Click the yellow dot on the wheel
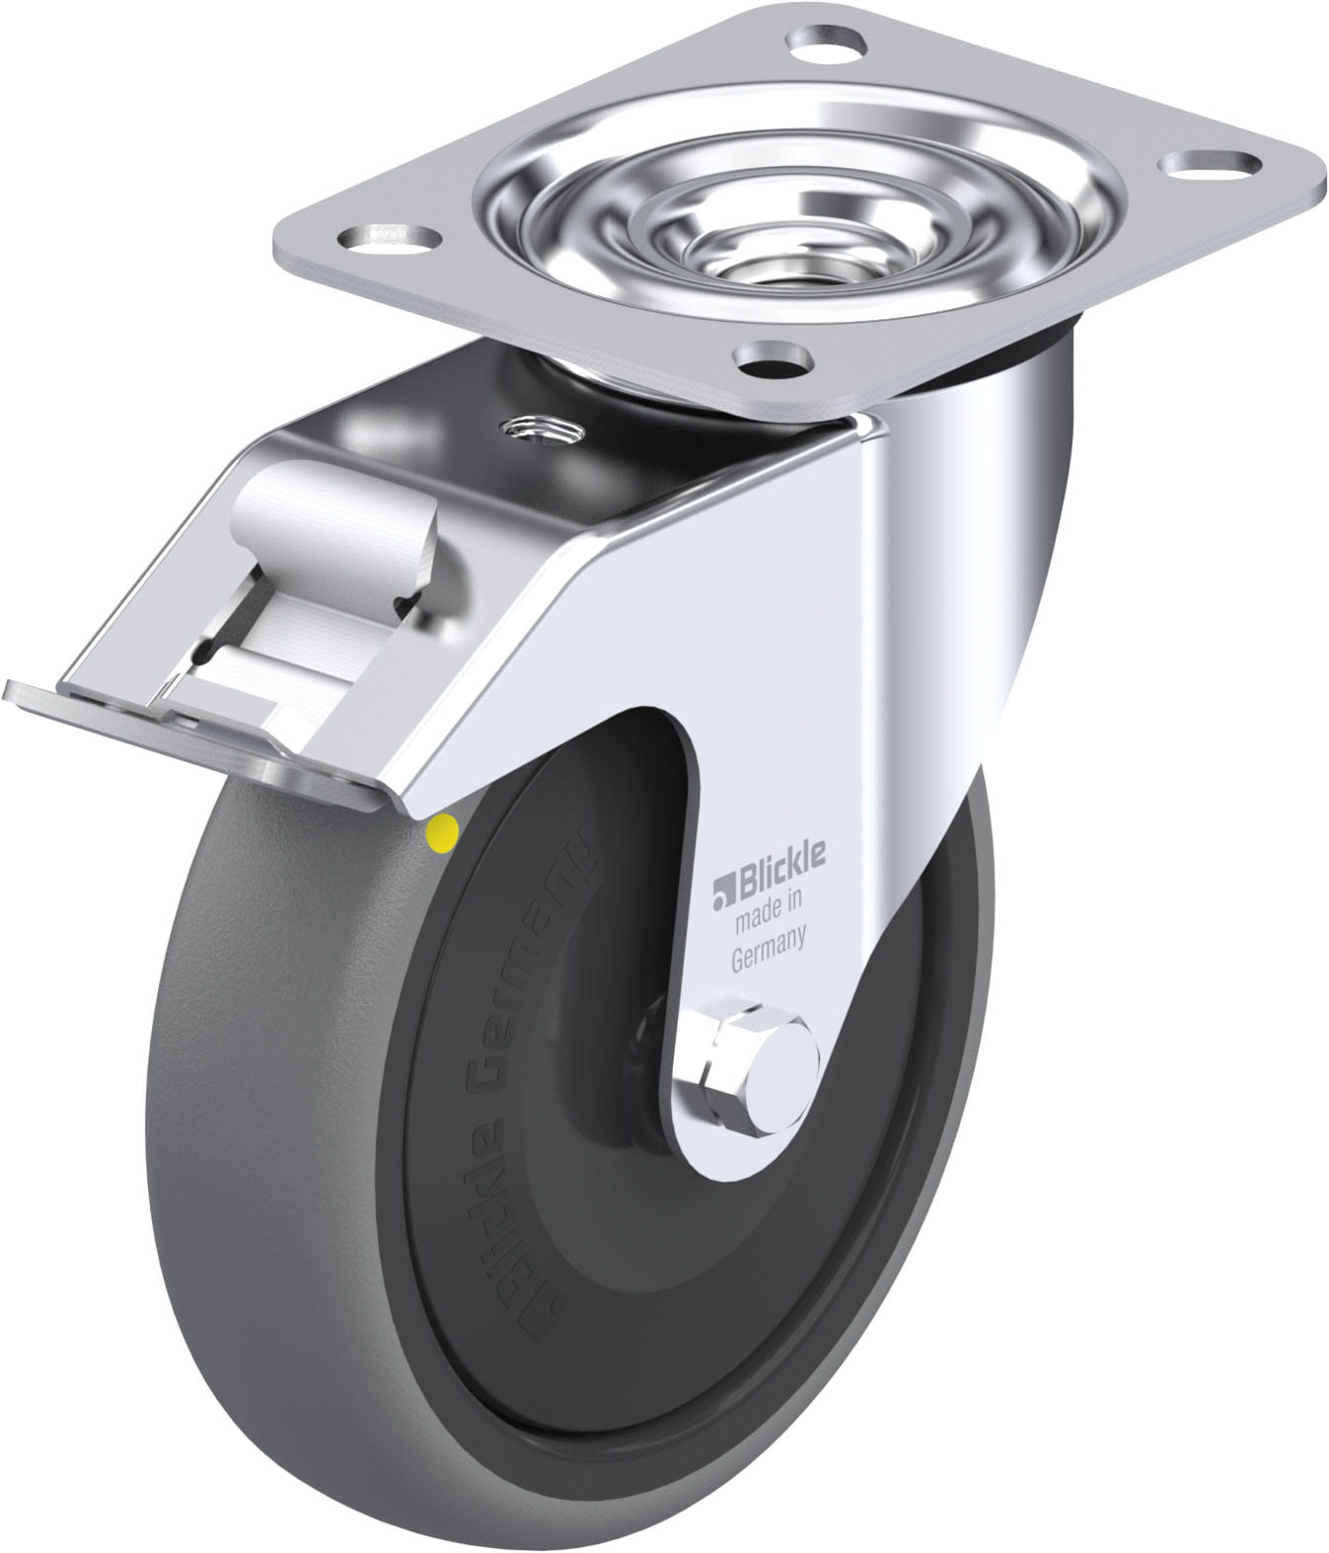(441, 830)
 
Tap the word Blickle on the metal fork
(780, 873)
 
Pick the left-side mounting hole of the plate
(389, 239)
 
